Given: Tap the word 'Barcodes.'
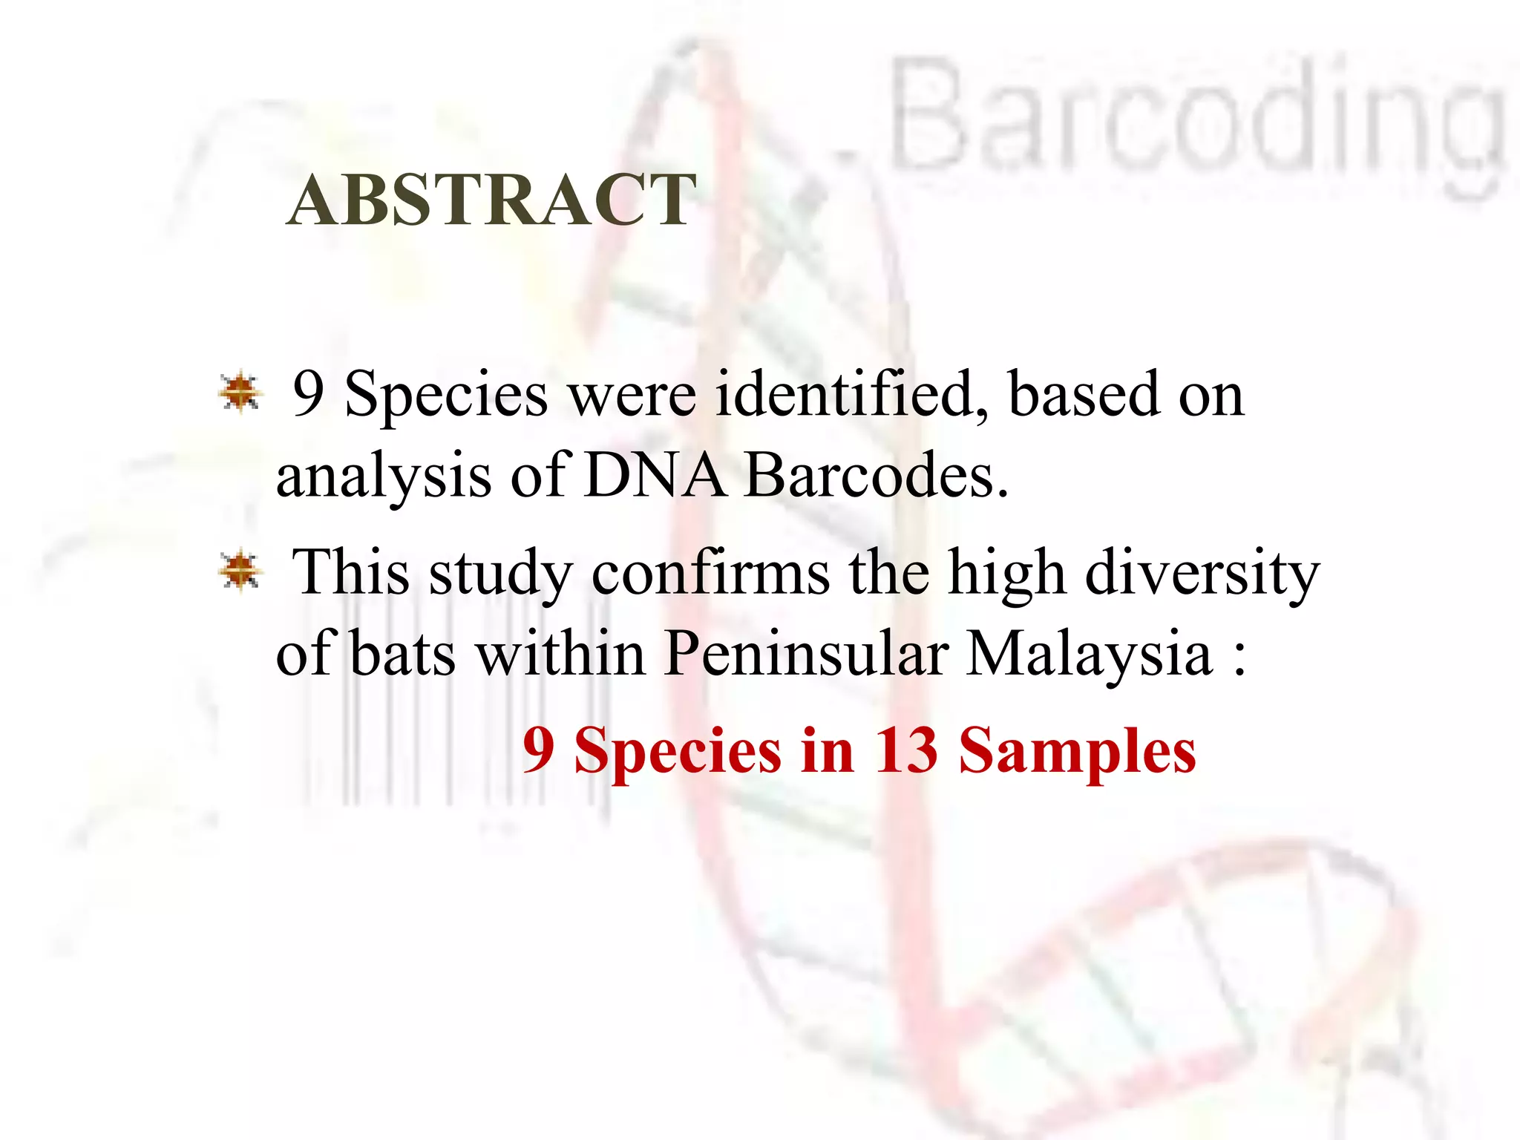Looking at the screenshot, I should (877, 475).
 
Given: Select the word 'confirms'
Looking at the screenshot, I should (710, 574).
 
